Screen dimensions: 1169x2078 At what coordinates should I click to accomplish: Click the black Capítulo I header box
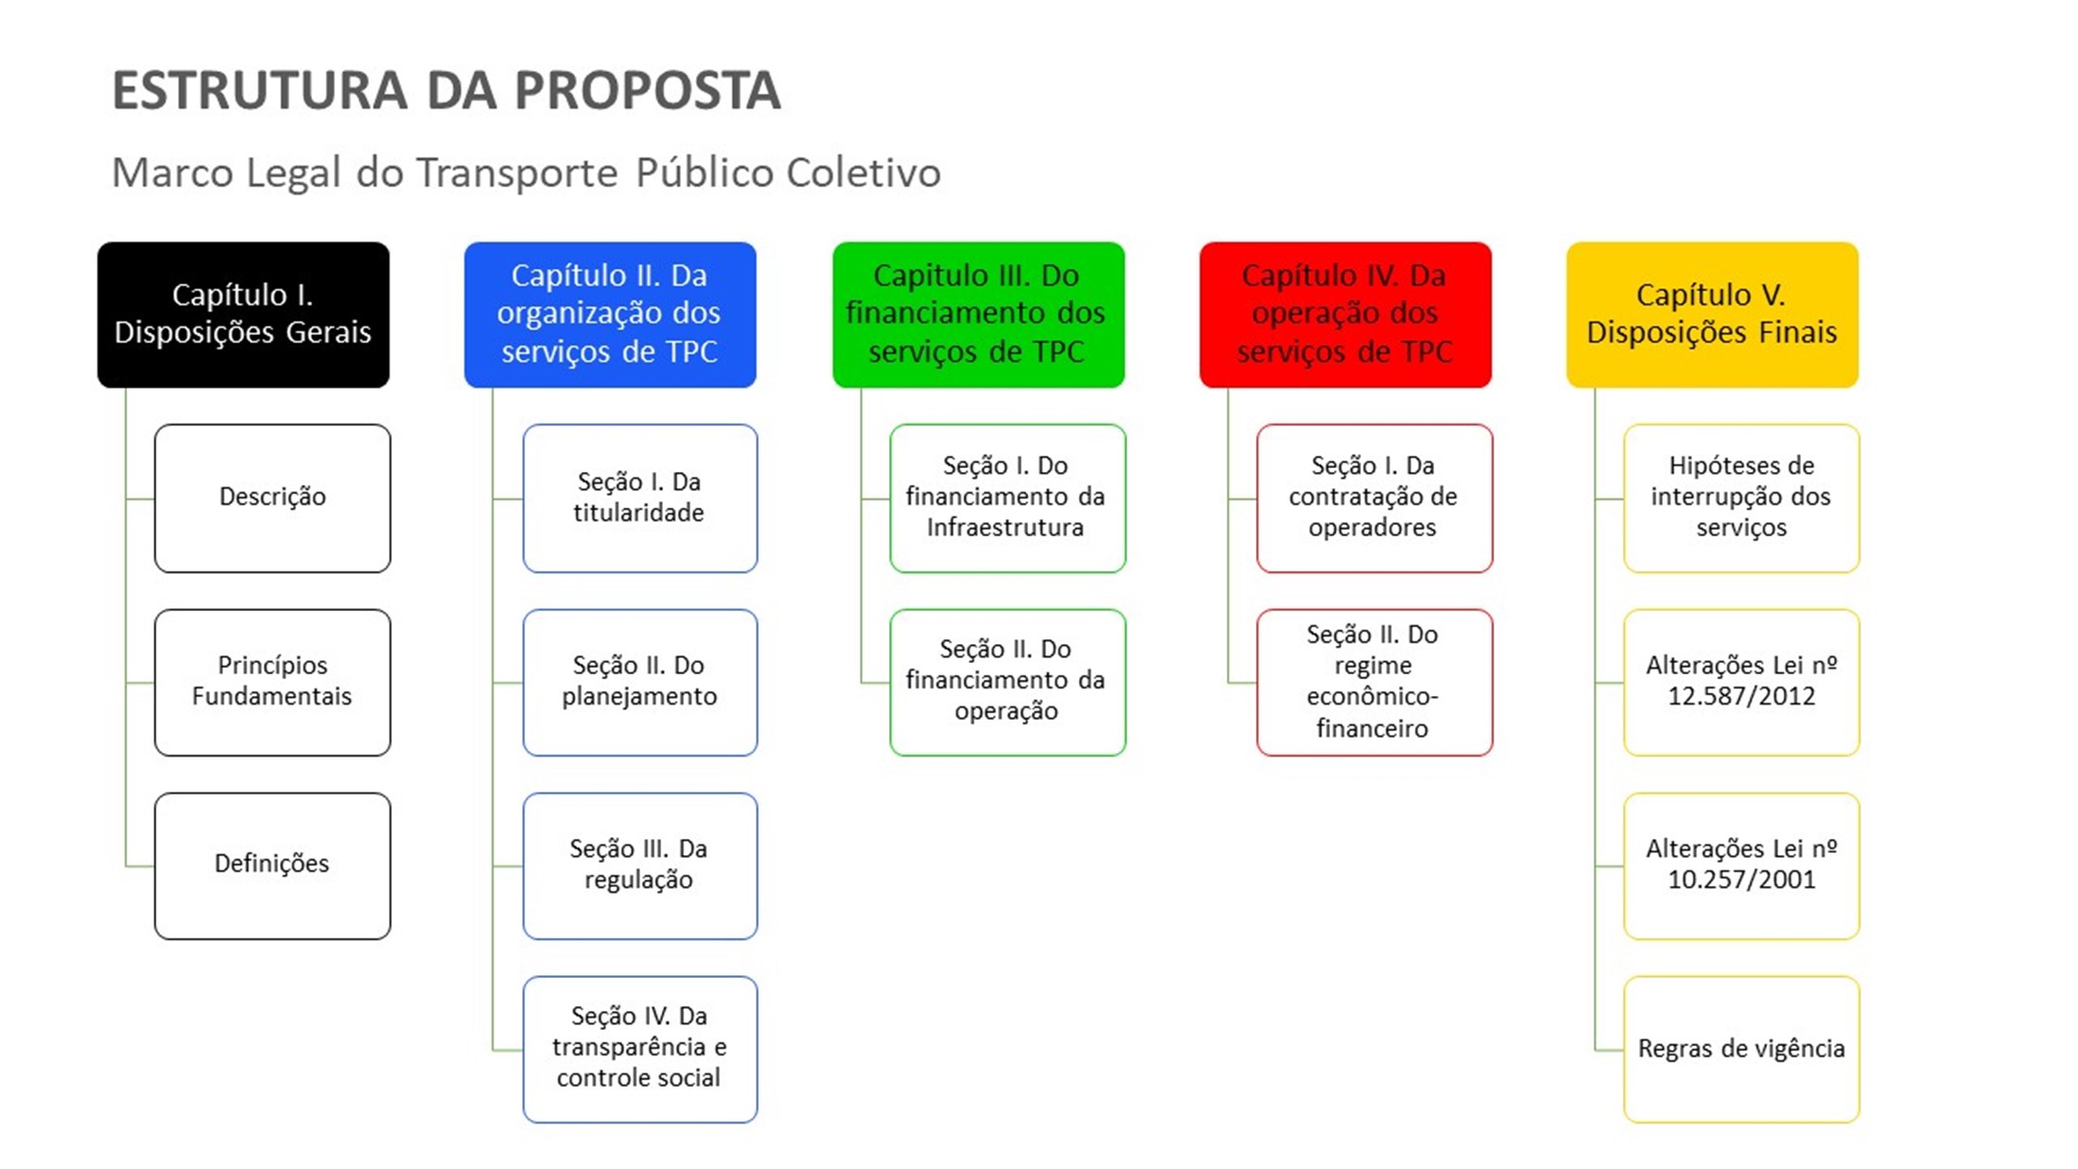coord(243,314)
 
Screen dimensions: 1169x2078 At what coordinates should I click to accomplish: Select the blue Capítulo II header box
coord(610,314)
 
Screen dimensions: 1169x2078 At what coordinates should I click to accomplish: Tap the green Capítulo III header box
coord(978,314)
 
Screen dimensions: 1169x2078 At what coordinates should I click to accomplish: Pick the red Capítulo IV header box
coord(1345,314)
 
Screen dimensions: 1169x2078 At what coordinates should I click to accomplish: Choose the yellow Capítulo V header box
coord(1712,314)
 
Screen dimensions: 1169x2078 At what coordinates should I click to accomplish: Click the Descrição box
coord(272,497)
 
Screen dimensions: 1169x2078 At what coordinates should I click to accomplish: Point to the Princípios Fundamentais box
coord(272,681)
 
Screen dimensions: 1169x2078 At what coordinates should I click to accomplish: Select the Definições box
coord(272,864)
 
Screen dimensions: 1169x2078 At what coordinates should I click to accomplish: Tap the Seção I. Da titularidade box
coord(640,497)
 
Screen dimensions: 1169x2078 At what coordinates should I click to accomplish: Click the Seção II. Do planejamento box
coord(640,681)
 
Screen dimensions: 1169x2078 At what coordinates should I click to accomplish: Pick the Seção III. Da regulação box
coord(640,864)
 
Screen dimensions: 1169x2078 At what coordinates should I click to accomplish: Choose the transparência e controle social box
coord(640,1048)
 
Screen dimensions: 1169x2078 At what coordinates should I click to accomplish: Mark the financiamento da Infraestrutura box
coord(1007,497)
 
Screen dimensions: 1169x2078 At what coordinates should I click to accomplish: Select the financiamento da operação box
coord(1007,681)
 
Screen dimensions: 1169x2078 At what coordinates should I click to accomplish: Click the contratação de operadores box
coord(1374,497)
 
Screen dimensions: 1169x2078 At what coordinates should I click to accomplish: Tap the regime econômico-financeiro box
coord(1374,681)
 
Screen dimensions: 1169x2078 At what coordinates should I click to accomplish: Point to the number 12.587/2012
coord(1741,697)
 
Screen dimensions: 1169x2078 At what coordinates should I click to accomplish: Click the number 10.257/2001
coord(1741,881)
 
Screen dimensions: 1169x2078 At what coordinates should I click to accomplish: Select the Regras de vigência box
coord(1741,1048)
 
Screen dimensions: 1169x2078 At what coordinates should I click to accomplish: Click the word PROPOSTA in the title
coord(647,91)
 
